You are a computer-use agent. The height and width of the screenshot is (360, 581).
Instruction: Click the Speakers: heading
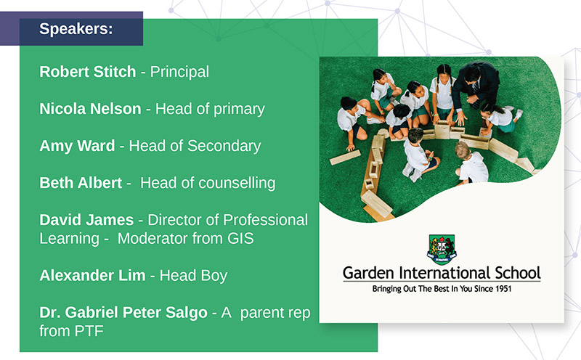click(76, 29)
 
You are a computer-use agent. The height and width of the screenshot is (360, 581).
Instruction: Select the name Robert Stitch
click(88, 72)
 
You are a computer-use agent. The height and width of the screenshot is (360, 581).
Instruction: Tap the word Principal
click(179, 73)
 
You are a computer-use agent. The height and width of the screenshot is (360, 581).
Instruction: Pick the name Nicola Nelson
click(90, 109)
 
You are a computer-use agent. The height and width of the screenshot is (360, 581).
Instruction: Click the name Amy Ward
click(77, 146)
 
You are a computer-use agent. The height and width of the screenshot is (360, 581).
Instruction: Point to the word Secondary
click(224, 147)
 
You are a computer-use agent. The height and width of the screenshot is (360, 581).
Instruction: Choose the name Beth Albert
click(81, 183)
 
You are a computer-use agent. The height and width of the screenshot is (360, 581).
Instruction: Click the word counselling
click(237, 184)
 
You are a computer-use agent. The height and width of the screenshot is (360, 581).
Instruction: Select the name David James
click(86, 220)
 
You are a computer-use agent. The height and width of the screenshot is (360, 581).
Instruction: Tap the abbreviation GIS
click(240, 239)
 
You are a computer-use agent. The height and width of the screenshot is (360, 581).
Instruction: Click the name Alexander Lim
click(93, 276)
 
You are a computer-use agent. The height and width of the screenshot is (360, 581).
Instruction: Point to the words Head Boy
click(193, 276)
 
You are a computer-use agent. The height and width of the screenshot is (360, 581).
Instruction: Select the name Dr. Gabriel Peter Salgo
click(123, 313)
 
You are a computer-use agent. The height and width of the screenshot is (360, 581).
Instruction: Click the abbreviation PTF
click(89, 331)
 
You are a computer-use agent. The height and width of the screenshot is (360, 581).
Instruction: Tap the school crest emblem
click(442, 249)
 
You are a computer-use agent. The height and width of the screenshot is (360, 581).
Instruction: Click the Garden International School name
click(442, 273)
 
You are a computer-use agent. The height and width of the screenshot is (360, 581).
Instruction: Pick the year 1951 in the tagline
click(503, 289)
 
